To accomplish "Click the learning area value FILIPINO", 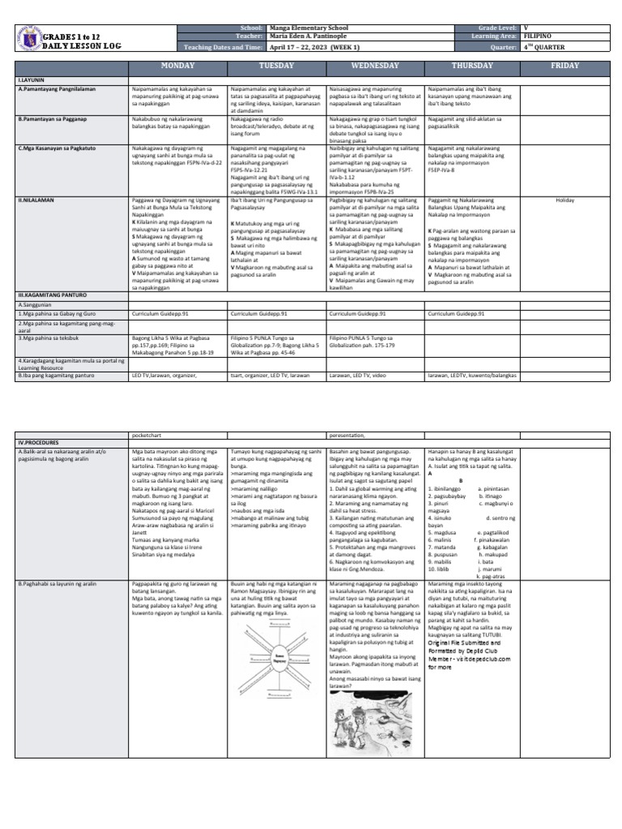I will point(539,37).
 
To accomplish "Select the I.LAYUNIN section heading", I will point(30,82).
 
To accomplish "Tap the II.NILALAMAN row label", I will point(36,198).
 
